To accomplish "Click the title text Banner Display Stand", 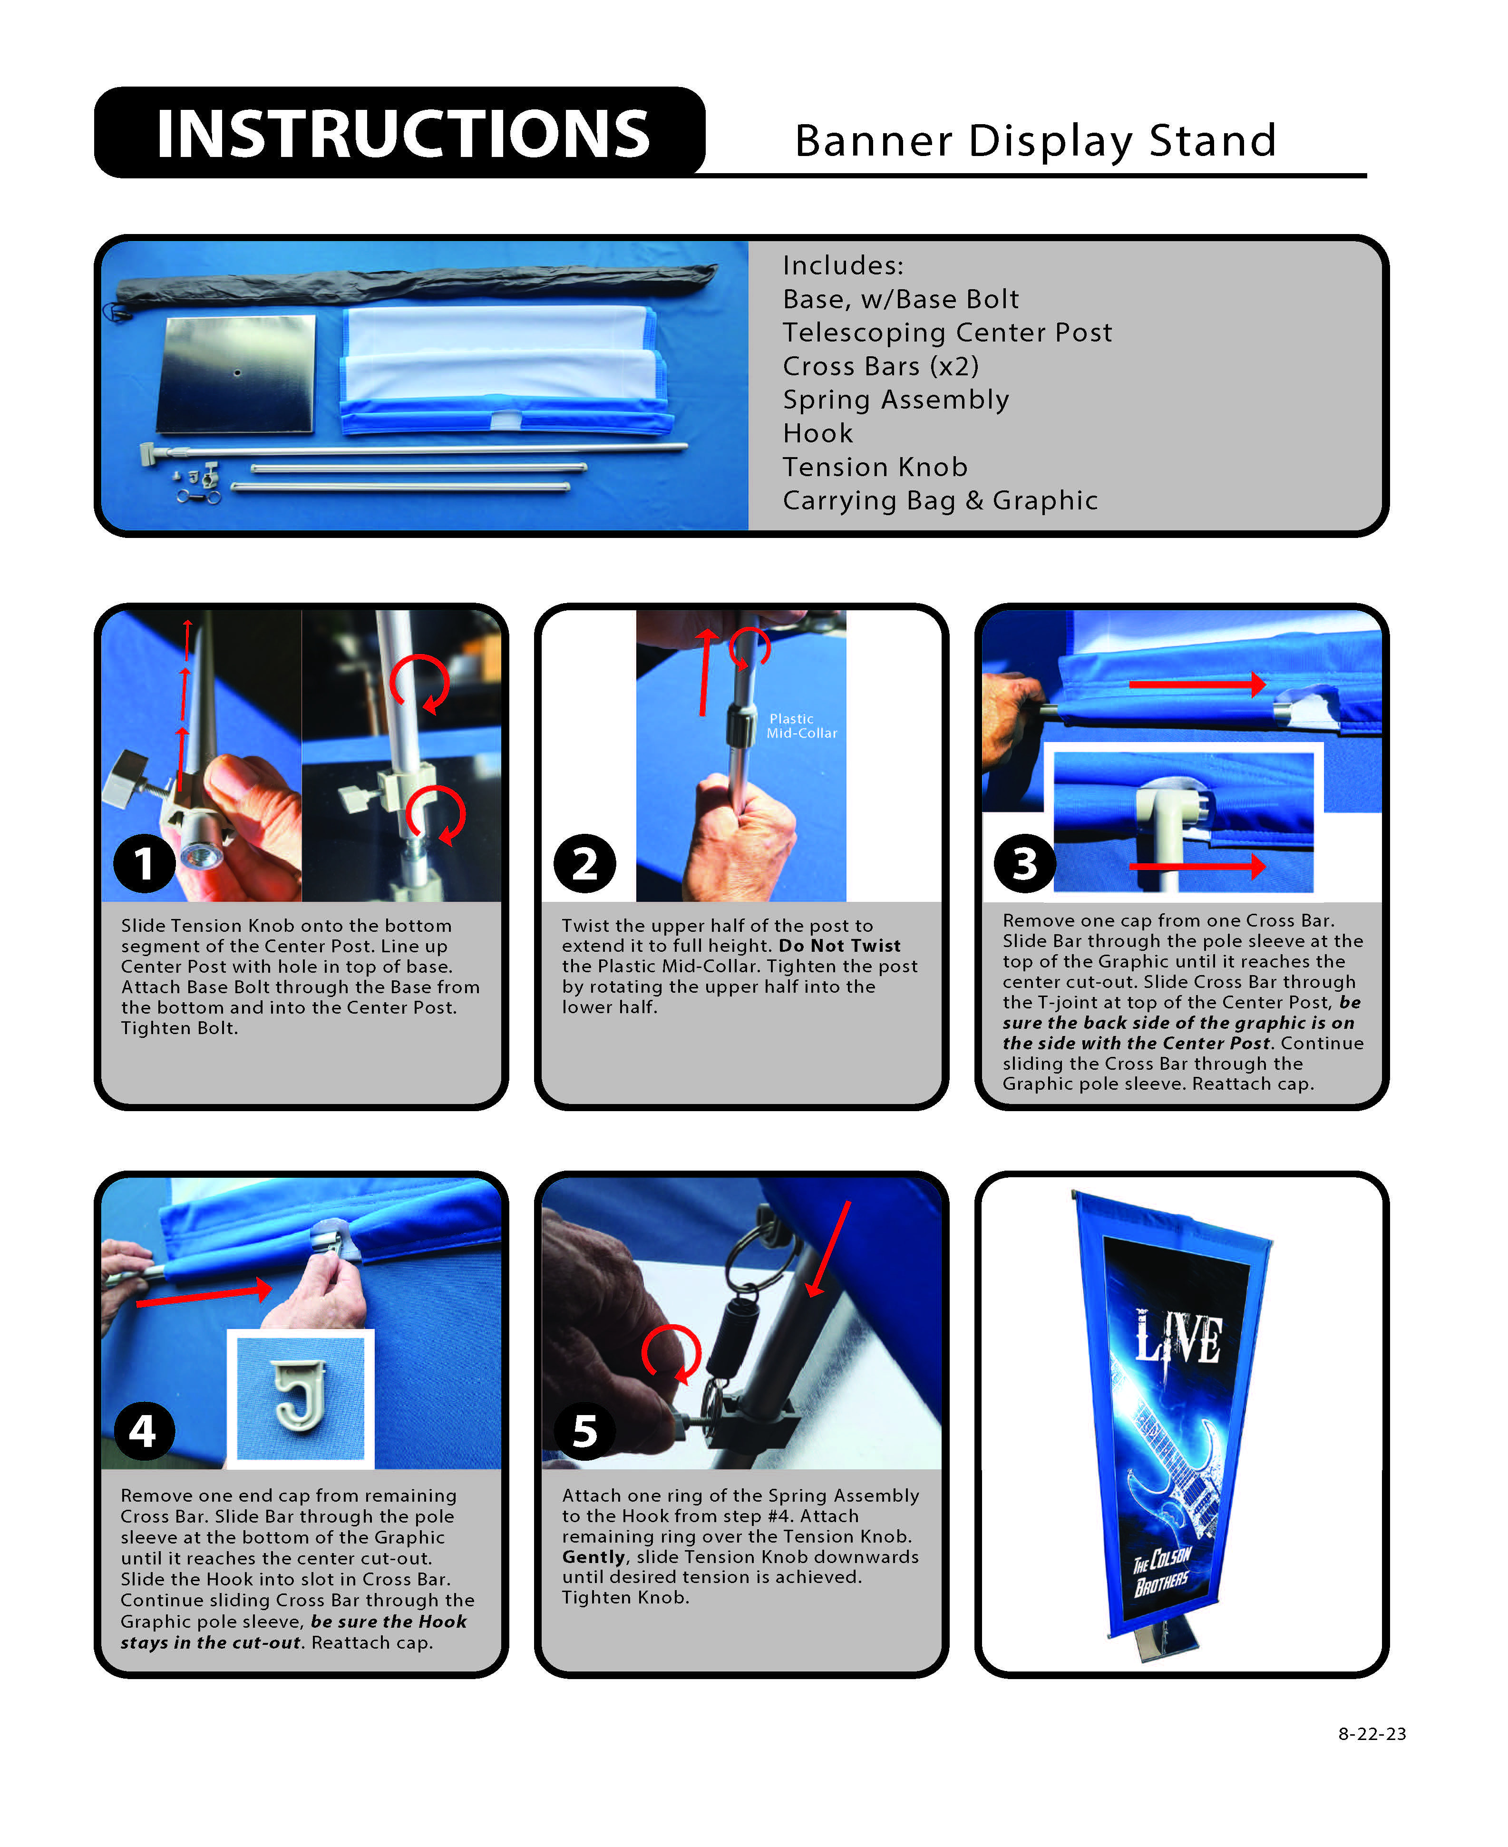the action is (x=1035, y=141).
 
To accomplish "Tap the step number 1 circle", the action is (x=144, y=863).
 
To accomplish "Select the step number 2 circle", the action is (x=584, y=863).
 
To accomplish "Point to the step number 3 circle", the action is (x=1025, y=863).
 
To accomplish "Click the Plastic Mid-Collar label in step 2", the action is (x=801, y=725).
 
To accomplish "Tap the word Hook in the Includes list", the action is (x=817, y=433).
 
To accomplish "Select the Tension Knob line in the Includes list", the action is (x=875, y=468).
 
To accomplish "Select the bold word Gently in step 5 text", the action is (x=594, y=1557).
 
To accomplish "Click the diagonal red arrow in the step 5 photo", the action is (x=828, y=1249).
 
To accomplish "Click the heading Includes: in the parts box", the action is (x=843, y=266).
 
